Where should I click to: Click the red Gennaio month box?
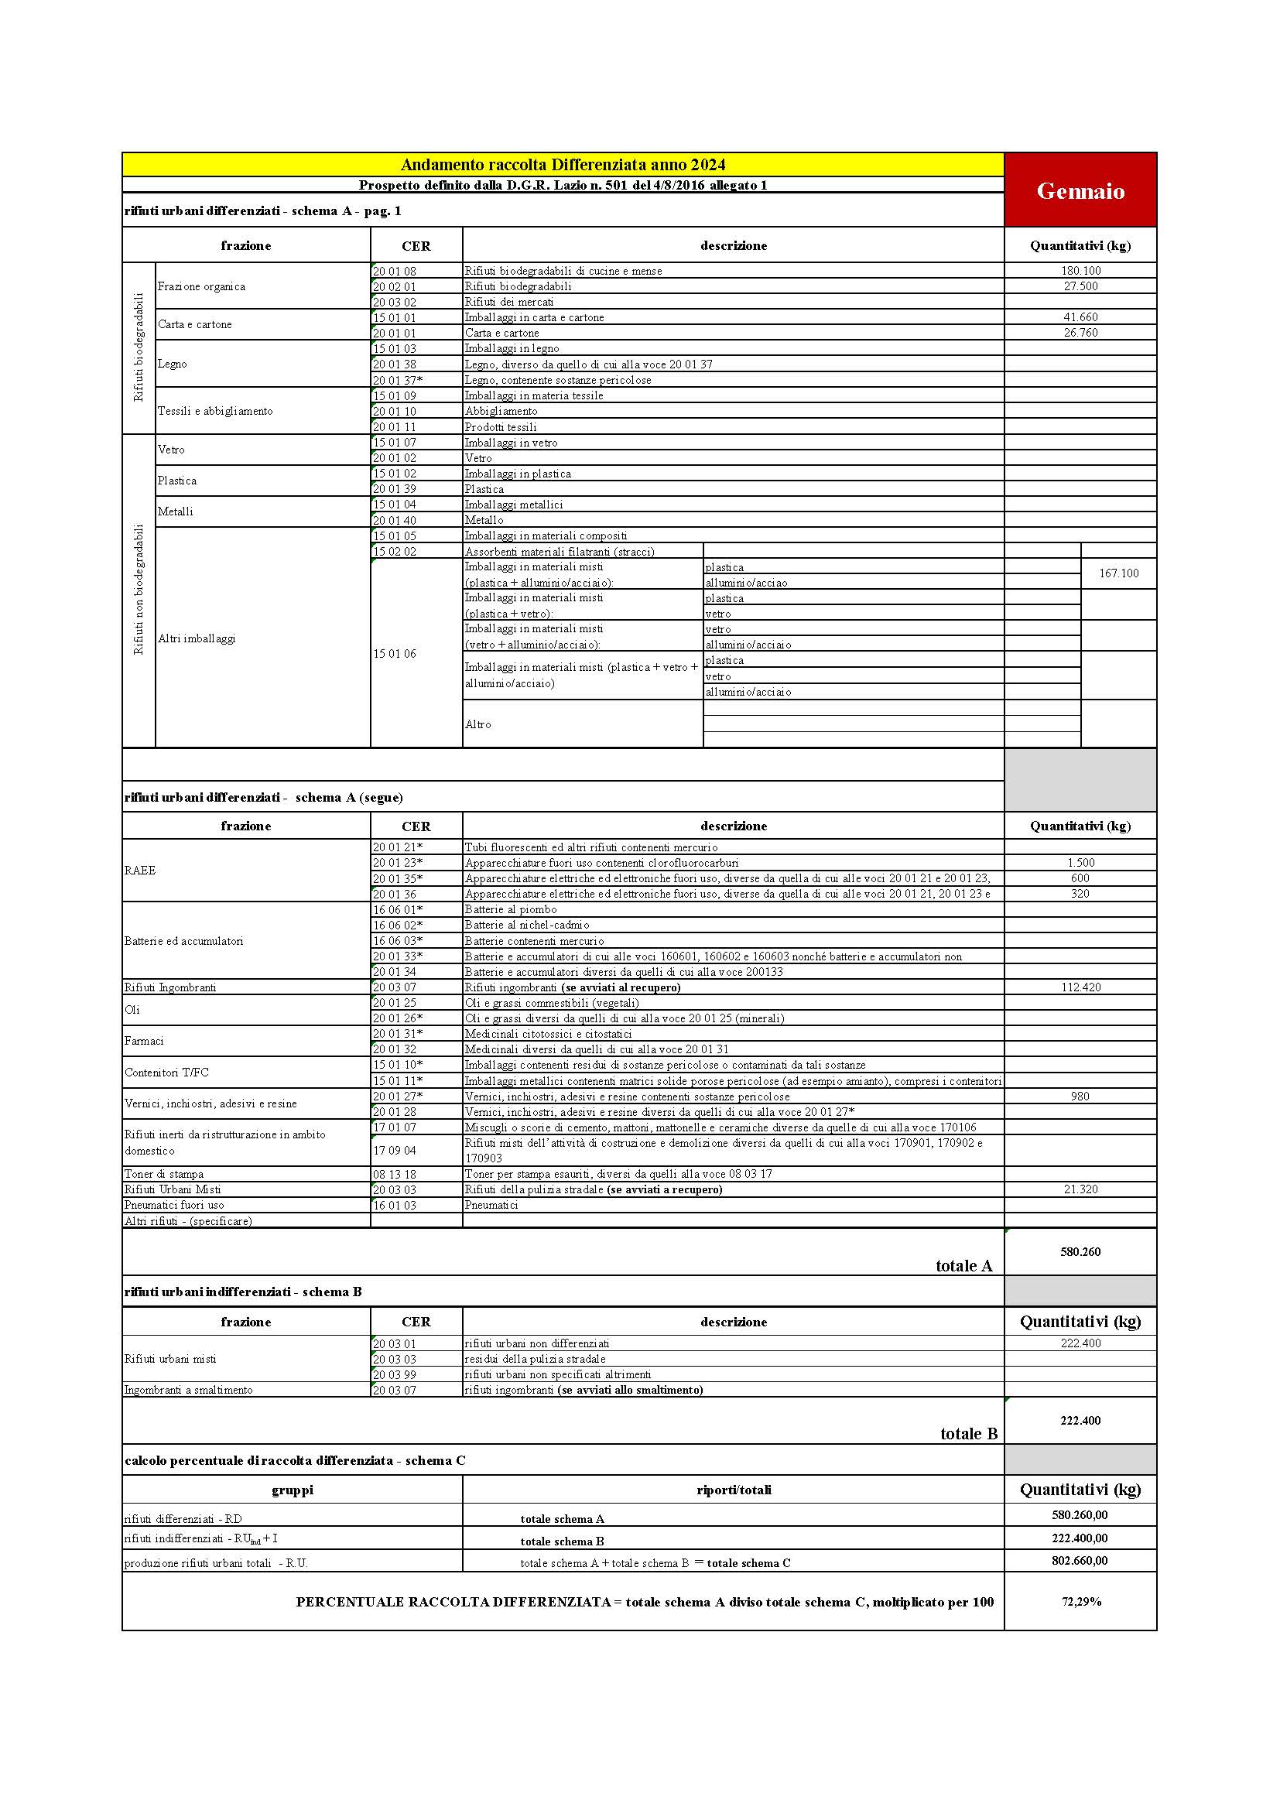(1080, 190)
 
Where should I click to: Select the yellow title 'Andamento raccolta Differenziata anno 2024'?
(563, 165)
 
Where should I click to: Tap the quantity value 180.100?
(1080, 270)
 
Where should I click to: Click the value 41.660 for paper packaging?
(1080, 317)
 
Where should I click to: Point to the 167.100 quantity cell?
(1118, 573)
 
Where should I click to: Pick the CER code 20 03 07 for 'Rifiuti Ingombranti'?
(395, 987)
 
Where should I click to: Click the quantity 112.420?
(1080, 987)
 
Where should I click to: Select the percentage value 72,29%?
(1080, 1601)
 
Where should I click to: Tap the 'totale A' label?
(963, 1265)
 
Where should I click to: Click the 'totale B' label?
(969, 1433)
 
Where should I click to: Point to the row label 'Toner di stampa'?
(164, 1174)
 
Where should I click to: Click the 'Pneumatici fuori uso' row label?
(174, 1205)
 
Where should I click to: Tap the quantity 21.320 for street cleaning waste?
(1080, 1189)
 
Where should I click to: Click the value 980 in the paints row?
(1080, 1096)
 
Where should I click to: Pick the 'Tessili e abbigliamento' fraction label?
(215, 411)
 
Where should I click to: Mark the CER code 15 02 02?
(395, 551)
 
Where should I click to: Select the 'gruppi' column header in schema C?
(293, 1490)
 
